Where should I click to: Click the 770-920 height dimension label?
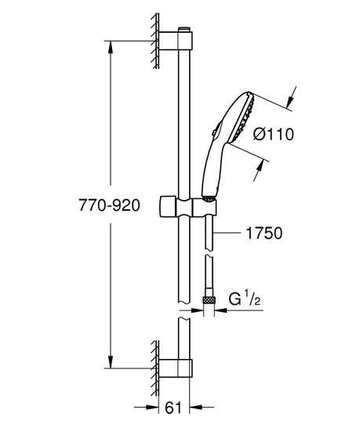click(x=109, y=205)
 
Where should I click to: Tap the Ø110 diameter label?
click(x=274, y=135)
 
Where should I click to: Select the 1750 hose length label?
click(x=264, y=233)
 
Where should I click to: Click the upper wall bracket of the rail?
click(x=176, y=41)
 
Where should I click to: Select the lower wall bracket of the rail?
click(x=176, y=368)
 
